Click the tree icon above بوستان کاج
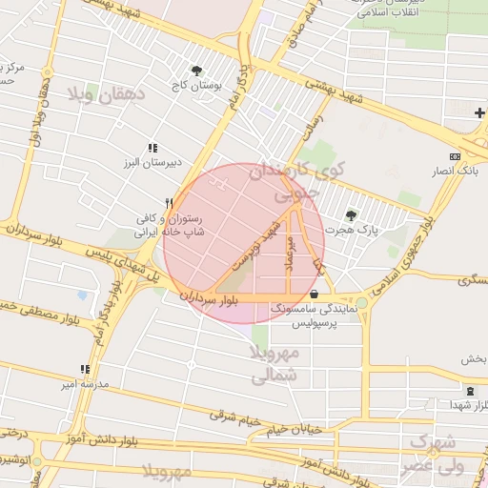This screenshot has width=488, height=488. [197, 71]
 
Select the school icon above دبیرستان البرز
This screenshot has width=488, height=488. [152, 149]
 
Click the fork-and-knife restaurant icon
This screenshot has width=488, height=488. [169, 203]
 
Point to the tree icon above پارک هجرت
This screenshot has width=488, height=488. [352, 215]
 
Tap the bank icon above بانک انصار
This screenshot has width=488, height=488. [455, 156]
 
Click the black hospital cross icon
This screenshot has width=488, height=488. [479, 113]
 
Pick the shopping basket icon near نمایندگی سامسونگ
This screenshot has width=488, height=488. [315, 295]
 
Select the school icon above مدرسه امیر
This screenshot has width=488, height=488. [85, 369]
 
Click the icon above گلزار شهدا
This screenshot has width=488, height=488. [470, 391]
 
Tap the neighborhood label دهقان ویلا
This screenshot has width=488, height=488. [106, 95]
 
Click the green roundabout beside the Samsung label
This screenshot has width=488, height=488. [361, 303]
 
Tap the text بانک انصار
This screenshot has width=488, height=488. [455, 172]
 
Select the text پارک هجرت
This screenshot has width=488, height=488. [352, 231]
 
